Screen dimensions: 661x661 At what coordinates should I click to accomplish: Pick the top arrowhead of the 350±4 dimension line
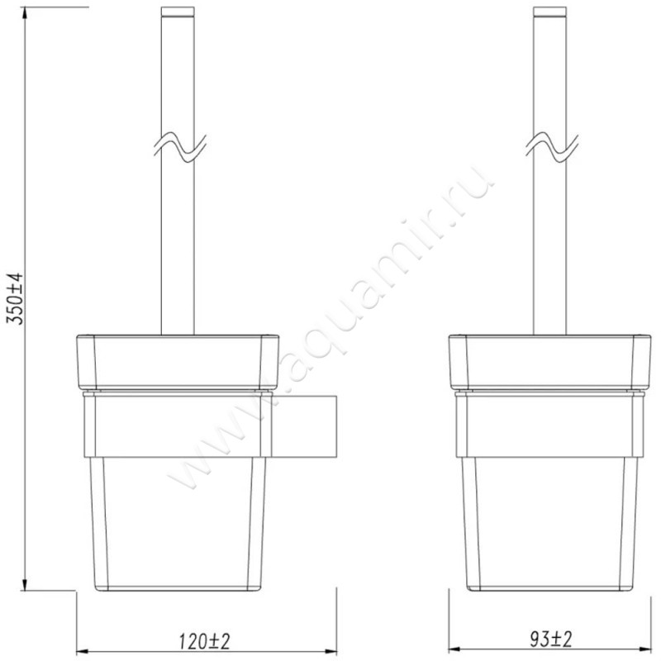(x=26, y=12)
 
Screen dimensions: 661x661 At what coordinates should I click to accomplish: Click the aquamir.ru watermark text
(x=330, y=330)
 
